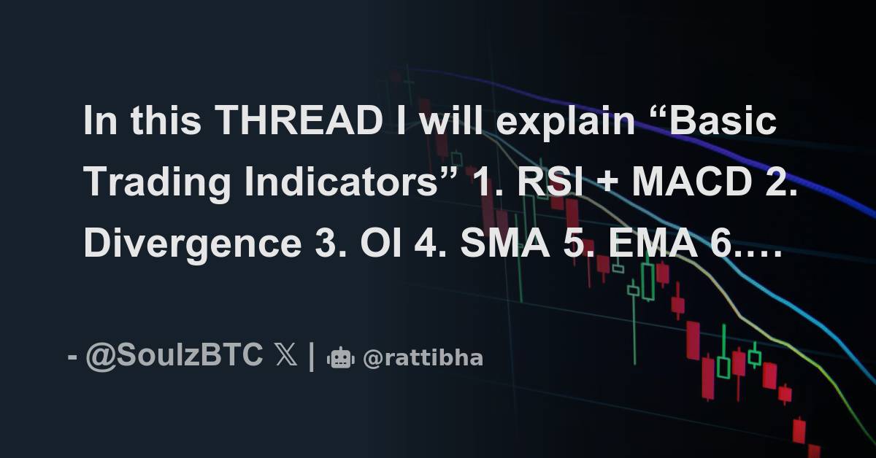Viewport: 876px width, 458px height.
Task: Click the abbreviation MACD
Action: pos(690,182)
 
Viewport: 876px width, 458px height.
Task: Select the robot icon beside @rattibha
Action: pos(341,357)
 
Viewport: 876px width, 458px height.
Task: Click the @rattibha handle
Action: pos(423,358)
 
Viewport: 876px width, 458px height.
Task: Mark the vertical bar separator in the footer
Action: pos(312,357)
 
